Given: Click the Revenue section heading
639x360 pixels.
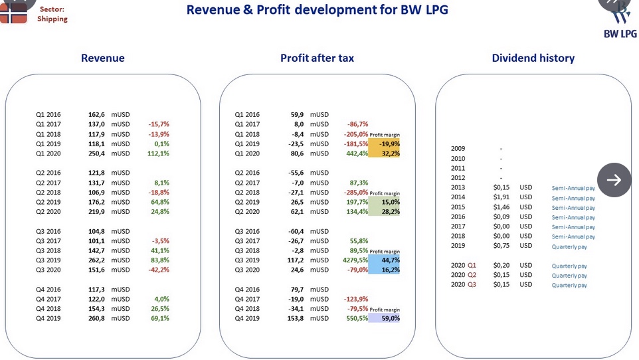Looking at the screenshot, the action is tap(103, 58).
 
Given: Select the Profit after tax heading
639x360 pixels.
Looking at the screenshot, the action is tap(317, 58).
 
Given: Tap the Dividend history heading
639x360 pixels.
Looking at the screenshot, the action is tap(533, 58).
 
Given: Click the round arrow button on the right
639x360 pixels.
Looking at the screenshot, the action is tap(614, 180).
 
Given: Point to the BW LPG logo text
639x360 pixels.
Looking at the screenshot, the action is tap(620, 34).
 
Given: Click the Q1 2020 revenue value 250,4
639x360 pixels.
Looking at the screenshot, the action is tap(96, 153).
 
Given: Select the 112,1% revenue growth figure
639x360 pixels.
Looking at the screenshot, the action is tap(158, 153).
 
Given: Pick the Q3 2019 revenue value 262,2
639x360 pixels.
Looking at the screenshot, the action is tap(96, 260).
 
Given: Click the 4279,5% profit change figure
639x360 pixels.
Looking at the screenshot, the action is tap(355, 260).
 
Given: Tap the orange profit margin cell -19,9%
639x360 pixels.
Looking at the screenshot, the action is tap(384, 144).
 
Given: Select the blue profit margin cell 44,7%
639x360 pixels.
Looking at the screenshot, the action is tap(384, 260).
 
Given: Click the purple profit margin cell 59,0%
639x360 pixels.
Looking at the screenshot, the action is tap(384, 318).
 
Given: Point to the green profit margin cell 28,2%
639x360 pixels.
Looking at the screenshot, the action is tap(384, 212).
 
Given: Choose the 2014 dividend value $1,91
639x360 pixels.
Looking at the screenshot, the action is tap(502, 197).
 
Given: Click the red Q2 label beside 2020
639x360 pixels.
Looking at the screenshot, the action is tap(472, 275).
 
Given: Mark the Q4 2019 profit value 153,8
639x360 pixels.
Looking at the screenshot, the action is tap(296, 318).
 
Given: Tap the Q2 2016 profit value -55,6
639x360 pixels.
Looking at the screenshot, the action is tap(296, 173).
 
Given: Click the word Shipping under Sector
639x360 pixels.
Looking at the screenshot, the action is tap(52, 19).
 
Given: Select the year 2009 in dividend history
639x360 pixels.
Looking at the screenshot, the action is tap(458, 149).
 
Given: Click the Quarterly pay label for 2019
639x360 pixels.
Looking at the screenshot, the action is tap(569, 246).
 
